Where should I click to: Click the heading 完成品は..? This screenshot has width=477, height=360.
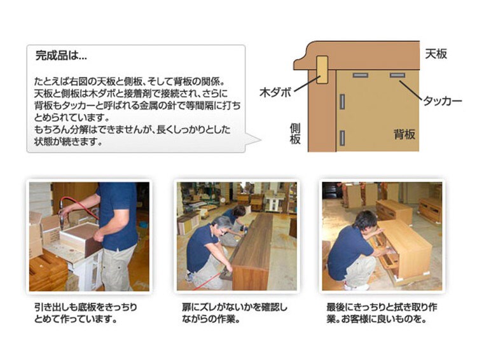click(61, 56)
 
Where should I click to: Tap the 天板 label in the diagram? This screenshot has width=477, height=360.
click(436, 54)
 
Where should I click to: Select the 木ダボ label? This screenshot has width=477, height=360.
click(275, 92)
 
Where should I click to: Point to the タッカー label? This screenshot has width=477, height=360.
click(443, 101)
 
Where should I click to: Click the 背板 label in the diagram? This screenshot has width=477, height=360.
click(404, 134)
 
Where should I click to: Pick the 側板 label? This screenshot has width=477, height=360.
click(295, 134)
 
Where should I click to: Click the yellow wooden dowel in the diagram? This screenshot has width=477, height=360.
click(322, 70)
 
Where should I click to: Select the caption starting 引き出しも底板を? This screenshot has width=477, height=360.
click(85, 314)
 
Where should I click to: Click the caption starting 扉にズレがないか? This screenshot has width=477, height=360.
click(234, 314)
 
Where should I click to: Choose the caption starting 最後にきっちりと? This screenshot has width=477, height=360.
click(382, 314)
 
